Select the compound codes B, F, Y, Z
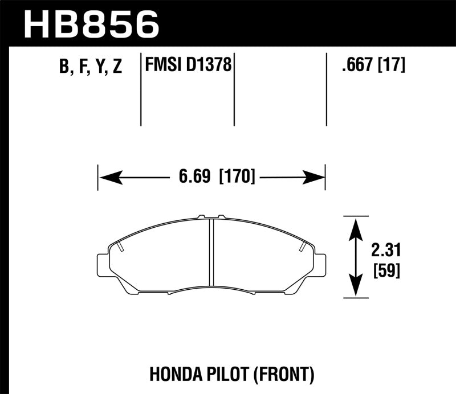point(90,67)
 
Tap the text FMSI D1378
point(188,66)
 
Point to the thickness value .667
point(357,66)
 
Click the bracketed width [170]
point(237,177)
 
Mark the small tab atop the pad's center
point(210,217)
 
